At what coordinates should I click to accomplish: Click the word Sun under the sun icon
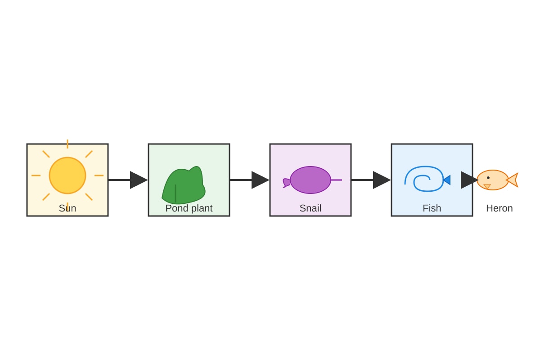(x=67, y=208)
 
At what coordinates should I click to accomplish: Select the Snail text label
(x=310, y=208)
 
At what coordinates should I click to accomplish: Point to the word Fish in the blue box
(x=432, y=208)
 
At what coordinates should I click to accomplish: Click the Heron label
(x=499, y=208)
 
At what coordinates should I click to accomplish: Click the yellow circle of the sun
(x=67, y=175)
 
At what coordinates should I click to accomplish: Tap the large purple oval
(x=310, y=180)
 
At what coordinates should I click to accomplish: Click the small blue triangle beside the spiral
(x=447, y=180)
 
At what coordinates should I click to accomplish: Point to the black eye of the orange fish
(x=488, y=178)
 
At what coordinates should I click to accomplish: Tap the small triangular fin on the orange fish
(x=487, y=186)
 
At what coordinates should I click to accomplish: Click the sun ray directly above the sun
(x=67, y=144)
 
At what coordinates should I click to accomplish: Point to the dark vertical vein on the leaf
(x=175, y=193)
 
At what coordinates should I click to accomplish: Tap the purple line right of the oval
(x=337, y=180)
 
